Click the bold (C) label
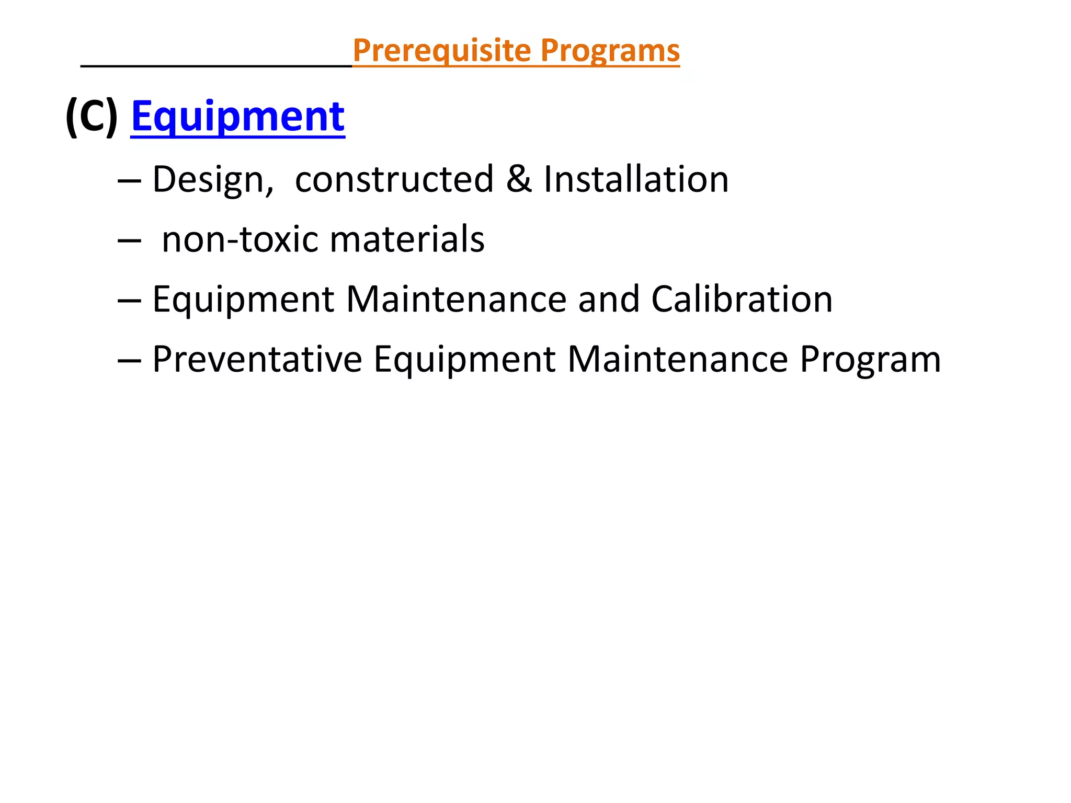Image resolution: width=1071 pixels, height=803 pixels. (x=92, y=117)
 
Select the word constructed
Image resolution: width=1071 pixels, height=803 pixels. (x=394, y=179)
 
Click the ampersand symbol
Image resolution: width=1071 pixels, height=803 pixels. (x=518, y=179)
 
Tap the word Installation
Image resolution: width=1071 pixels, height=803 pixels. (x=636, y=179)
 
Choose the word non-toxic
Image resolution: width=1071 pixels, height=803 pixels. (x=240, y=239)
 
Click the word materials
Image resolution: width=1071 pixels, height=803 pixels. (x=407, y=239)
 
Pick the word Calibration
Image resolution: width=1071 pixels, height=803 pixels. (x=742, y=299)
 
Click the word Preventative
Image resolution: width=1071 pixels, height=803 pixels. (x=257, y=359)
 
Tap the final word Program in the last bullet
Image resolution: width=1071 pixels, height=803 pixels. (x=870, y=359)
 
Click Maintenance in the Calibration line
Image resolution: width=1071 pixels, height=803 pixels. (x=456, y=299)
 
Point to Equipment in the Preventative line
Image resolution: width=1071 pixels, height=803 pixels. (x=464, y=359)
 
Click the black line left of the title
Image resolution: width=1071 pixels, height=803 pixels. (x=217, y=66)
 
